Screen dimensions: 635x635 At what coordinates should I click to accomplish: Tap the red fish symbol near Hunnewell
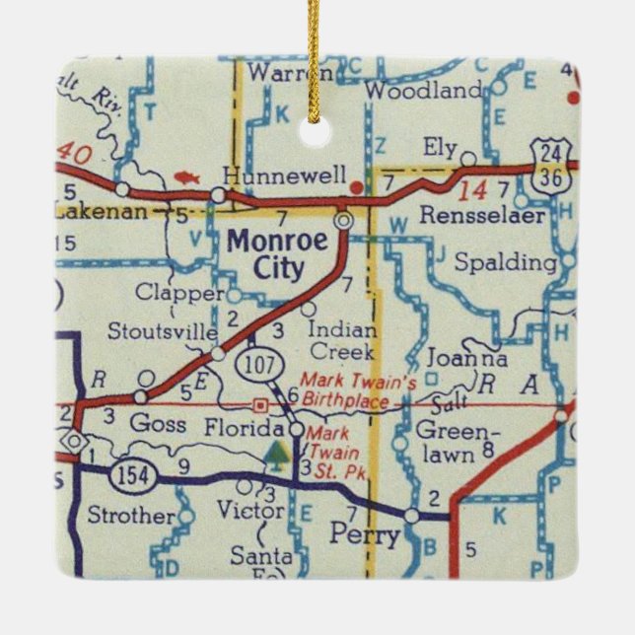[x=187, y=178]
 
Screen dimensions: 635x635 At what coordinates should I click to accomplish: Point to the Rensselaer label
[x=482, y=215]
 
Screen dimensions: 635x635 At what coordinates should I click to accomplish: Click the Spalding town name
[x=506, y=262]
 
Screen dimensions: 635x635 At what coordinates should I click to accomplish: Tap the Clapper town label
[x=180, y=293]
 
